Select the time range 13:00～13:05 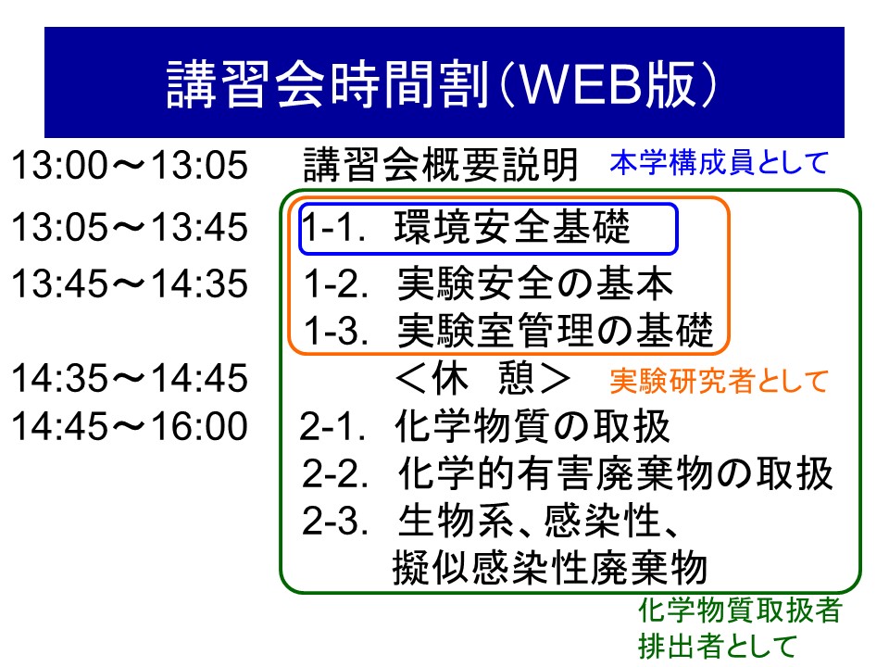click(130, 165)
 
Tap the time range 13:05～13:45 click(130, 227)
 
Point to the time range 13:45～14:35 click(130, 283)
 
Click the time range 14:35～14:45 click(130, 378)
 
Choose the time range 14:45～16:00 click(130, 426)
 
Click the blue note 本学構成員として click(720, 163)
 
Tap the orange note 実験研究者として click(720, 381)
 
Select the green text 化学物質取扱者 click(740, 610)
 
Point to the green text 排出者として click(717, 647)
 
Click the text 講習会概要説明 click(441, 165)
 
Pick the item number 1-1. click(333, 228)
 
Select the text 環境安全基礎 click(512, 226)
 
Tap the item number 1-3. click(336, 331)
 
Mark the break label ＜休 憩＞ click(483, 378)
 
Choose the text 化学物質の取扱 click(532, 426)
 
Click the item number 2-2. click(335, 473)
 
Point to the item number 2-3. click(335, 522)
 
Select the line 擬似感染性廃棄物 click(550, 567)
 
